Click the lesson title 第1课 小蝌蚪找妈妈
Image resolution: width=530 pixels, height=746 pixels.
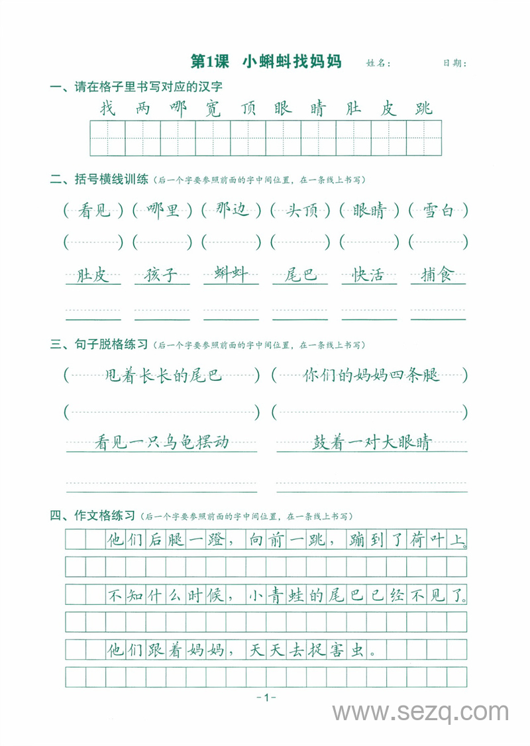click(x=266, y=62)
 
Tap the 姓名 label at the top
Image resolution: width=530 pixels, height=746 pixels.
click(x=378, y=64)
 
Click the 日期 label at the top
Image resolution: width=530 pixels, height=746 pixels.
click(x=455, y=64)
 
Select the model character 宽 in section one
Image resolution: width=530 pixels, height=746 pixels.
click(x=213, y=108)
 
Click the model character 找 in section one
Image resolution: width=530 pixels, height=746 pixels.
click(x=107, y=108)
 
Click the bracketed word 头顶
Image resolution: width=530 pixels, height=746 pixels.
click(x=301, y=211)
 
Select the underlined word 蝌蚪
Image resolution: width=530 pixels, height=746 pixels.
click(x=231, y=274)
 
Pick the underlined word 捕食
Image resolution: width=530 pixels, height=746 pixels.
click(x=438, y=274)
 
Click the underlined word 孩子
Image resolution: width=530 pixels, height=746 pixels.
click(x=162, y=274)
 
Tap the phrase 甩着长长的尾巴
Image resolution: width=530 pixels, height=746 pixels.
click(x=164, y=376)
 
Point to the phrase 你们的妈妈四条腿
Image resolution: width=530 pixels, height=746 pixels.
click(x=371, y=376)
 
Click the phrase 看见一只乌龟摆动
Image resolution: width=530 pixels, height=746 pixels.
click(x=162, y=442)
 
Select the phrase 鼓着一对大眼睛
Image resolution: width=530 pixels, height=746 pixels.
click(x=372, y=442)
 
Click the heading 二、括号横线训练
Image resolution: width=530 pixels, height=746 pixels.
click(x=99, y=180)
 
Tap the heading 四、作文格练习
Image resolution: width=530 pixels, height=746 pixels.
click(x=93, y=515)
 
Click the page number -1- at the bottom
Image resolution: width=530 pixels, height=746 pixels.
click(x=265, y=697)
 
